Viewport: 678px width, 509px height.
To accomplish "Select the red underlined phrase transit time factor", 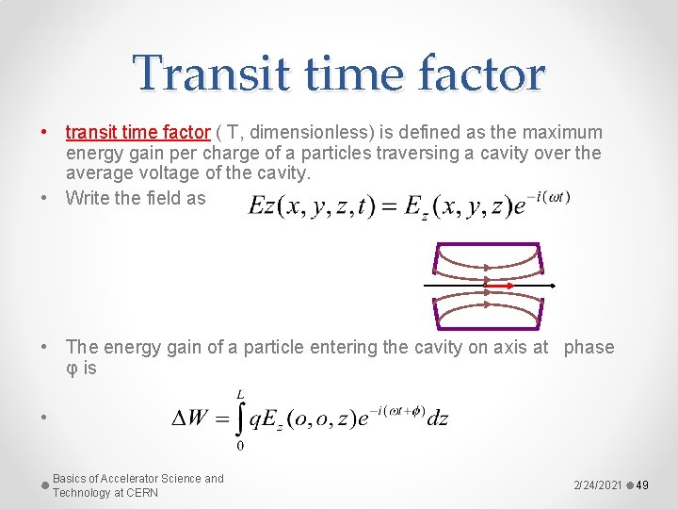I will [x=137, y=133].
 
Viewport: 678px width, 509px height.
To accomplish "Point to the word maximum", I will [x=558, y=133].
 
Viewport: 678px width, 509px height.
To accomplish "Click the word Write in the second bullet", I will [x=89, y=197].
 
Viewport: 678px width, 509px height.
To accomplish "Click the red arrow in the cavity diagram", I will [x=497, y=284].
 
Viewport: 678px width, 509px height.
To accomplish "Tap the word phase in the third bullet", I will [x=589, y=348].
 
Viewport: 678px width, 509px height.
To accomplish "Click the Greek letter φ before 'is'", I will [x=72, y=369].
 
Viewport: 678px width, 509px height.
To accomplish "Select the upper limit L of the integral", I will [x=240, y=393].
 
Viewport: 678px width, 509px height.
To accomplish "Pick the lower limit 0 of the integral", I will [x=240, y=446].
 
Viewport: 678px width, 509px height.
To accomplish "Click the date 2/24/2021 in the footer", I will [x=597, y=484].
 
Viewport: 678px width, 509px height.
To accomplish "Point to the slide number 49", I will [x=643, y=484].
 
